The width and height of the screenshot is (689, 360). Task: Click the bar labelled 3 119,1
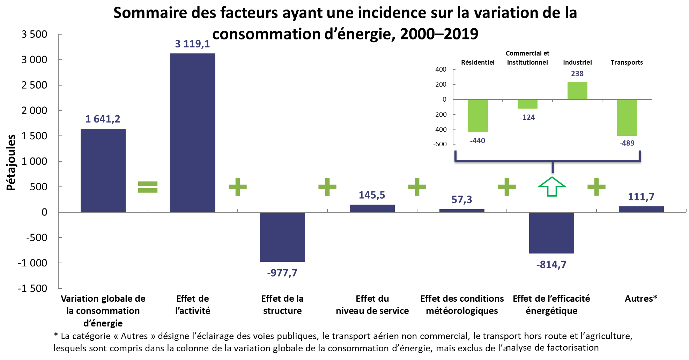tap(193, 133)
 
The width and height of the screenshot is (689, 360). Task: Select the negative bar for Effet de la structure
tap(282, 237)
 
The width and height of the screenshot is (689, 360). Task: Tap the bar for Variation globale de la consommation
tap(103, 170)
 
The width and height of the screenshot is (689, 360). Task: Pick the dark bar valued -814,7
tap(551, 233)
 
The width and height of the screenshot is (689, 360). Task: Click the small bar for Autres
tap(641, 209)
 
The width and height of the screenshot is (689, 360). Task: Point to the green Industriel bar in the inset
tap(577, 90)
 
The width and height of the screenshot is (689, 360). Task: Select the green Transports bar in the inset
tap(627, 117)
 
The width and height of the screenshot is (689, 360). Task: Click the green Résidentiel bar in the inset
tap(478, 116)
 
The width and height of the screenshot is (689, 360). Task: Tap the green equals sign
tap(148, 187)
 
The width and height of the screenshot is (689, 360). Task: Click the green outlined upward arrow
tap(552, 186)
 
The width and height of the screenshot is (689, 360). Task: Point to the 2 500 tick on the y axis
tap(34, 85)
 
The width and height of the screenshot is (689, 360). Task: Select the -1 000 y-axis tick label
tap(32, 263)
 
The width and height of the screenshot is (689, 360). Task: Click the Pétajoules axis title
tap(11, 163)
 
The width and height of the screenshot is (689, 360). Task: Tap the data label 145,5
tap(372, 195)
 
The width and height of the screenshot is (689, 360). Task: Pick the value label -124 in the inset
tap(527, 117)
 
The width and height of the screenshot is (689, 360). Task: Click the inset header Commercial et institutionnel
tap(527, 58)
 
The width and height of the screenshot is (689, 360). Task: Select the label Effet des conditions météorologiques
tap(462, 304)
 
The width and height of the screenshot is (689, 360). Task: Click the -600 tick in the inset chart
tap(440, 144)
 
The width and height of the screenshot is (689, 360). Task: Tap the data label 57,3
tap(462, 199)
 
